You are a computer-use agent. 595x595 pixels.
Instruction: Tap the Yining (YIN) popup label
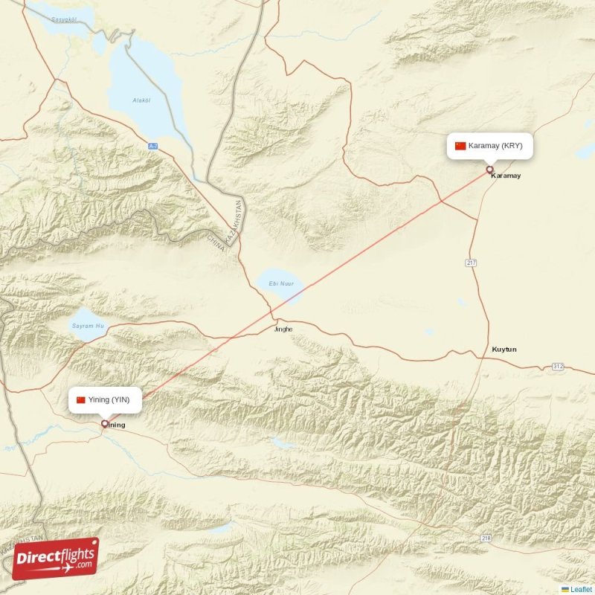103,400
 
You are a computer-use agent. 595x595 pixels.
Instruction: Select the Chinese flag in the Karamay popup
460,146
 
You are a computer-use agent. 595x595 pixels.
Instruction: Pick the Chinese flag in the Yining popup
81,400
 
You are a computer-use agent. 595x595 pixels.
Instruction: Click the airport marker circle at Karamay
489,170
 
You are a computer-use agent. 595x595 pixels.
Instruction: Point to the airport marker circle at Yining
105,424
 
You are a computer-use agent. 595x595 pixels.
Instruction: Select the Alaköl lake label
141,100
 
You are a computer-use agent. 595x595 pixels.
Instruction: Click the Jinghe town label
283,329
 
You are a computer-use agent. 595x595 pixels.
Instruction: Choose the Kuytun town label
504,349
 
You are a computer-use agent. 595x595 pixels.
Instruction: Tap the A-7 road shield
152,146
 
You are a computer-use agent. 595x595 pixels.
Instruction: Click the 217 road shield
472,263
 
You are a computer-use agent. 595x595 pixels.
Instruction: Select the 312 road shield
558,367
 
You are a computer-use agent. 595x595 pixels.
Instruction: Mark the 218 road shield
486,538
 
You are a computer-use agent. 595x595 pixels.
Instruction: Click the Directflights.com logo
55,559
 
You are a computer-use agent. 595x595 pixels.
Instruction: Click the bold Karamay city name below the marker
506,176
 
